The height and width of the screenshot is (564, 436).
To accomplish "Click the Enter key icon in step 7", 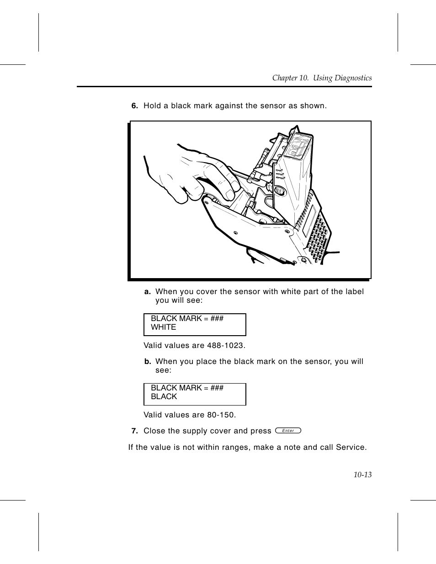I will [x=288, y=431].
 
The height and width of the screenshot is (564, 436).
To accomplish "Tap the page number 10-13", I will [x=362, y=475].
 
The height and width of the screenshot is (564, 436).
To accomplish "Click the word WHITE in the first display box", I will [x=163, y=327].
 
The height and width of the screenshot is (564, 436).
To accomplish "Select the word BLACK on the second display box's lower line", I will [x=164, y=397].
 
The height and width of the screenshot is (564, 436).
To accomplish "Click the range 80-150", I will [x=221, y=415].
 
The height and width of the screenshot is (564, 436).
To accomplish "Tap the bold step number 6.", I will [x=134, y=106].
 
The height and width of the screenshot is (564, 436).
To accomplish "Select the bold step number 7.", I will [x=134, y=431].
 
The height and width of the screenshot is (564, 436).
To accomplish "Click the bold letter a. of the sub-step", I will [x=148, y=292].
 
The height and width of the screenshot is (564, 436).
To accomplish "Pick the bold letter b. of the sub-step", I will [x=148, y=362].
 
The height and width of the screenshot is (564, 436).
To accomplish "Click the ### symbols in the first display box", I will [x=217, y=318].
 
